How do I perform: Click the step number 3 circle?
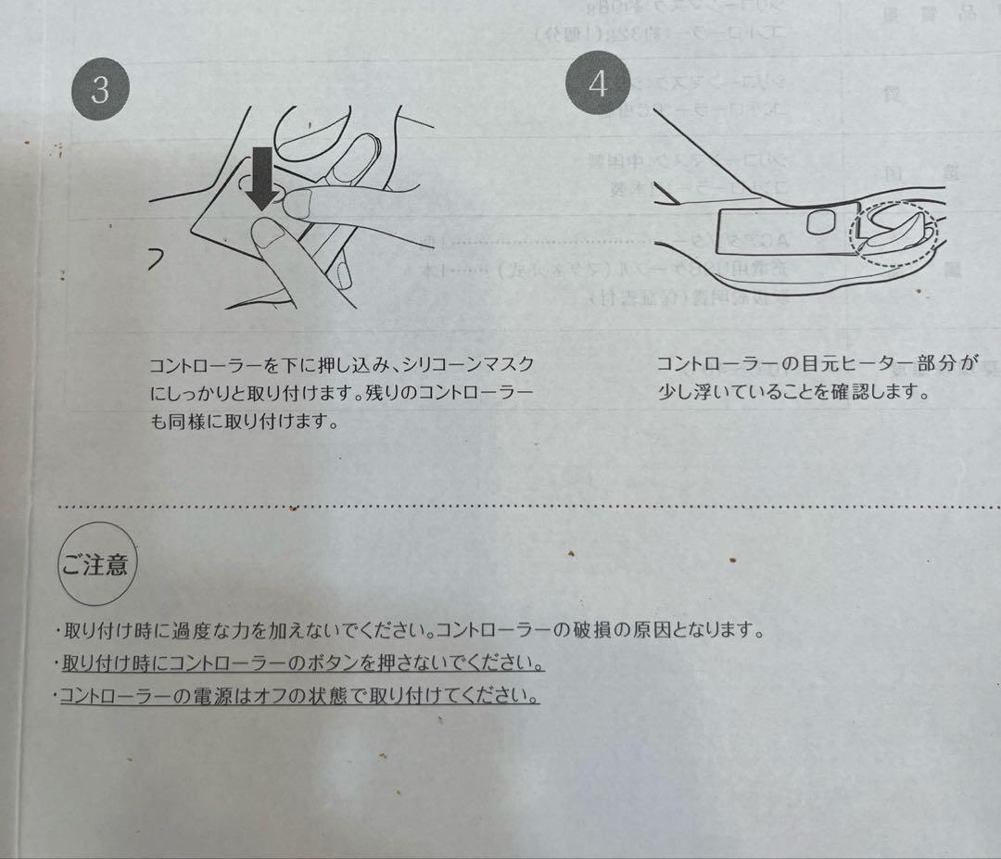(99, 88)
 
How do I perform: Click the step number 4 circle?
(598, 83)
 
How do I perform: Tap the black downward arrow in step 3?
(264, 176)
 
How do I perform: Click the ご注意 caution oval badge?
(96, 563)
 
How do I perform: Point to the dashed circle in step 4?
(894, 234)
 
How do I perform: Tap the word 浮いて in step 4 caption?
(708, 391)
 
